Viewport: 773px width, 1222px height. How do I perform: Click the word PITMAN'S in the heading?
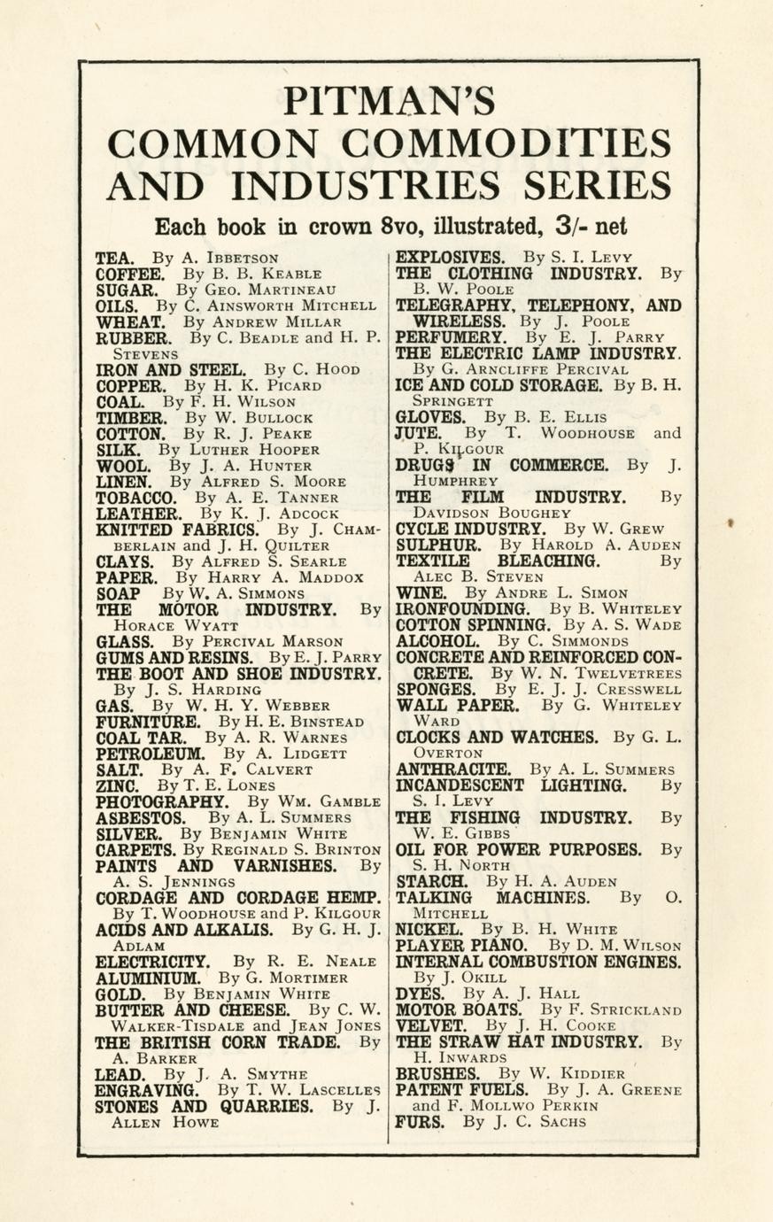coord(388,100)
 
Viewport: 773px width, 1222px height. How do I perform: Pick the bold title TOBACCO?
coord(135,498)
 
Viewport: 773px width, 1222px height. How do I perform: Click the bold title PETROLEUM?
coord(151,754)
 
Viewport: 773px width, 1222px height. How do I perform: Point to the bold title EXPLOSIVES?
coord(450,258)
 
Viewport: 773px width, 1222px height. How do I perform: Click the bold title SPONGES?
coord(436,689)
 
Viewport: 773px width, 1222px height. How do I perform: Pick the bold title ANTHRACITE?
coord(452,770)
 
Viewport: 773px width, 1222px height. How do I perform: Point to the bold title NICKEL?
coord(429,930)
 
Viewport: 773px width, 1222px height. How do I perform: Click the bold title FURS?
coord(419,1121)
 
